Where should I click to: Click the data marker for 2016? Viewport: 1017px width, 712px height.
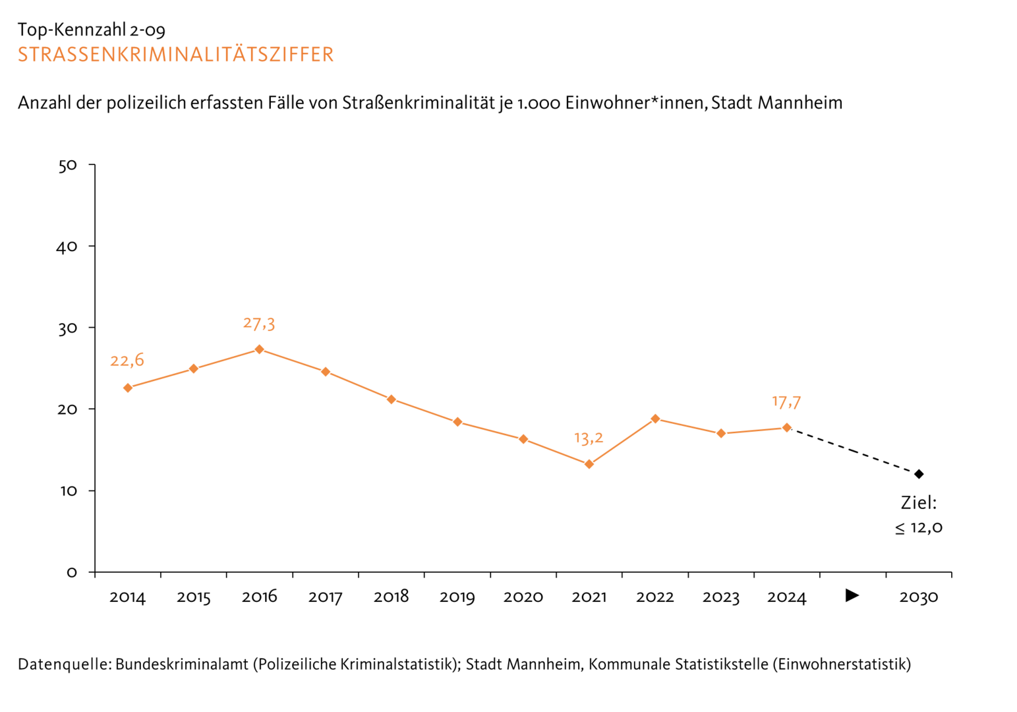point(259,349)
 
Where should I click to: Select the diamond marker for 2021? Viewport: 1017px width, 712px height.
point(589,464)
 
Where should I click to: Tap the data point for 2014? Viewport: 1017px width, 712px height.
point(127,388)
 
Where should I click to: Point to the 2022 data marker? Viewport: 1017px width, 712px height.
point(654,419)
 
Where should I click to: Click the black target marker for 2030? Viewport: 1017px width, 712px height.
point(918,474)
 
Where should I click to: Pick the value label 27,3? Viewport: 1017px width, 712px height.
point(259,324)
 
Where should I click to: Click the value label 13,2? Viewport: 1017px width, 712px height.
point(589,438)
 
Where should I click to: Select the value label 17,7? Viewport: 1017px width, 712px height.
point(786,401)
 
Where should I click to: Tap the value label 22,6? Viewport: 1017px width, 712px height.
point(127,361)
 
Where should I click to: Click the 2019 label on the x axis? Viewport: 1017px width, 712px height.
point(457,597)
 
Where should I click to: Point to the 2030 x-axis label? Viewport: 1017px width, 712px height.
point(918,597)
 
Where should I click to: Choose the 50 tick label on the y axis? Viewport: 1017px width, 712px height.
point(67,165)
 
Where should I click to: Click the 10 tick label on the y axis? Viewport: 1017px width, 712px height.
point(67,491)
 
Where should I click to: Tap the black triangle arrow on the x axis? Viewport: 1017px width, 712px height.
point(852,595)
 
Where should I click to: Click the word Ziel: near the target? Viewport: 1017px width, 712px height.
point(918,503)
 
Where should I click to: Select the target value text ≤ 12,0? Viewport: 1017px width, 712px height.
point(918,527)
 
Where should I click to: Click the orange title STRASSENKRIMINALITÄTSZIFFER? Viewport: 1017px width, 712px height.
point(176,54)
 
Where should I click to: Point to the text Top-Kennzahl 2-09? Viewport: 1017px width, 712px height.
point(92,30)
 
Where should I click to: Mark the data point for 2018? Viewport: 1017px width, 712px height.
point(391,399)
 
